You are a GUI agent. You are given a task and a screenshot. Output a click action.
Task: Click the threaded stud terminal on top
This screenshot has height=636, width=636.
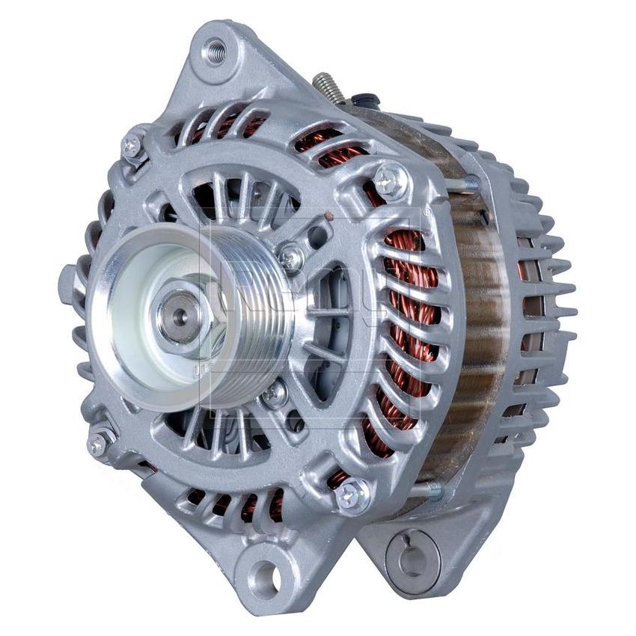(x=328, y=88)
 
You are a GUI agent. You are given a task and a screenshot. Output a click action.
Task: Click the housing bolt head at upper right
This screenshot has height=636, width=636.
(x=389, y=180)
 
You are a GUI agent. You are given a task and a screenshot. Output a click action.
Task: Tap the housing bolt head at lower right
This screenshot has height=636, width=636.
(x=352, y=494)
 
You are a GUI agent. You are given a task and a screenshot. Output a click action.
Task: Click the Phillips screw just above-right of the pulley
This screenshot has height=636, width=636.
(x=290, y=257)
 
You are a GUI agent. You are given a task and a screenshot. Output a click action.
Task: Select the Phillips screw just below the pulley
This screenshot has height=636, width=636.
(x=275, y=392)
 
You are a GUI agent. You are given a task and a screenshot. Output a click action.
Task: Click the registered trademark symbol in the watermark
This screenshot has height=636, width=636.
(x=426, y=212)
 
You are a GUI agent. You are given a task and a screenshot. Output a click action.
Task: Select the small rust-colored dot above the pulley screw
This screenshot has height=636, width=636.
(x=328, y=218)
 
